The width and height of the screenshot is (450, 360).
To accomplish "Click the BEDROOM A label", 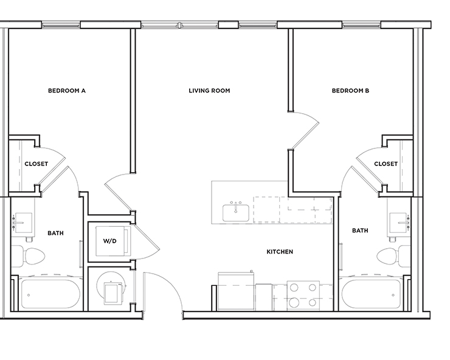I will click(x=67, y=91).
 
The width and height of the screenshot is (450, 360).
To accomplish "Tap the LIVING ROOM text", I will click(x=209, y=91).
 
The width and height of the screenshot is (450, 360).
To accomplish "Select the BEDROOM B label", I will click(x=351, y=91).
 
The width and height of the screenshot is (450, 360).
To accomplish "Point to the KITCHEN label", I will click(x=280, y=252).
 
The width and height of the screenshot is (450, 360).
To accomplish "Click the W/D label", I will click(x=109, y=241).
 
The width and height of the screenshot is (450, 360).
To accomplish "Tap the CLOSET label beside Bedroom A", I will click(x=36, y=164).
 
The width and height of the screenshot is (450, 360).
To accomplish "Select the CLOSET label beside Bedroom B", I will click(x=386, y=164).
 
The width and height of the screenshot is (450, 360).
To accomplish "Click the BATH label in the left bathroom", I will click(x=55, y=233).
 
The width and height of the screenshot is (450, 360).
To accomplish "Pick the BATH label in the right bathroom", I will click(x=360, y=230).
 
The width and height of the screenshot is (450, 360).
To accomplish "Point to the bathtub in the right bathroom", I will click(x=372, y=294).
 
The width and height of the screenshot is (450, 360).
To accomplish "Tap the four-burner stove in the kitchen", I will click(x=302, y=296).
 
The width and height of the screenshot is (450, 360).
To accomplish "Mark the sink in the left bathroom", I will click(x=24, y=221).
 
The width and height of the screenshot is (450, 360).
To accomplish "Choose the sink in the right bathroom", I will click(x=398, y=221).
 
